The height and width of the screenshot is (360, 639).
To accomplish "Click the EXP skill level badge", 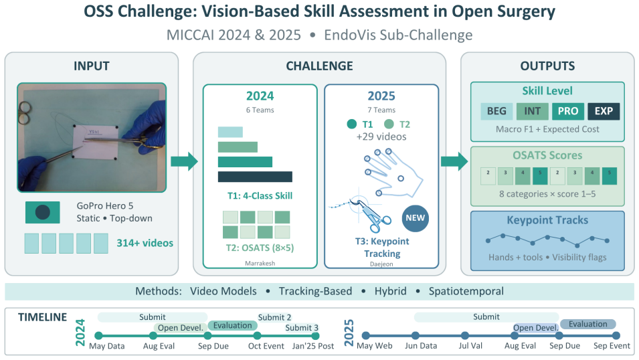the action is click(x=604, y=111).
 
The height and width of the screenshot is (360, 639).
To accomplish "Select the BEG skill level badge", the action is click(x=496, y=111).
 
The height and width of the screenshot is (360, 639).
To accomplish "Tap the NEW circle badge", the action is click(x=416, y=218).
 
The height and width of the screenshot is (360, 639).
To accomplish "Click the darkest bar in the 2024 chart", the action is click(x=255, y=177).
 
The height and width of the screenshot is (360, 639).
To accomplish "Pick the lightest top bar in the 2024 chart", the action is click(x=230, y=132).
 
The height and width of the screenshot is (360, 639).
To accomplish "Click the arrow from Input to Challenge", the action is click(x=184, y=161).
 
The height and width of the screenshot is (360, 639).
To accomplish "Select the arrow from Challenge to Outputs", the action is click(x=454, y=161).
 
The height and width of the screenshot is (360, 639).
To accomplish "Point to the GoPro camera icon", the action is click(x=43, y=212).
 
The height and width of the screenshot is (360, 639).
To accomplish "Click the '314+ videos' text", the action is click(x=145, y=243).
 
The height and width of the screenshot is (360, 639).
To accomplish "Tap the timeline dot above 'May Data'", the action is click(x=98, y=336).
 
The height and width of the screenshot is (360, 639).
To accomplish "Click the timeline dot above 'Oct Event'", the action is click(x=257, y=336).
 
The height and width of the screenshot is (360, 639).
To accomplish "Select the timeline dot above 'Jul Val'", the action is click(x=465, y=335).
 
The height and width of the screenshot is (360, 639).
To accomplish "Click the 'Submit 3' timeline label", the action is click(x=302, y=328).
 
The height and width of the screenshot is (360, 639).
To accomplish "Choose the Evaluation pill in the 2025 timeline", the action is click(x=588, y=324).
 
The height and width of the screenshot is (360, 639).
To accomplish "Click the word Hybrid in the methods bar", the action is click(x=390, y=291).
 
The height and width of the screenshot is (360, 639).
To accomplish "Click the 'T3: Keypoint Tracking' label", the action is click(x=382, y=248).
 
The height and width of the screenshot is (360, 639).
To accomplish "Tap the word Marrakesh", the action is click(x=260, y=264).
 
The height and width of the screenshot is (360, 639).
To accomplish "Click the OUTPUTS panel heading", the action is click(x=547, y=66).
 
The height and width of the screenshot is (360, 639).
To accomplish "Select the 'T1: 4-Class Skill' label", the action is click(x=260, y=195).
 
